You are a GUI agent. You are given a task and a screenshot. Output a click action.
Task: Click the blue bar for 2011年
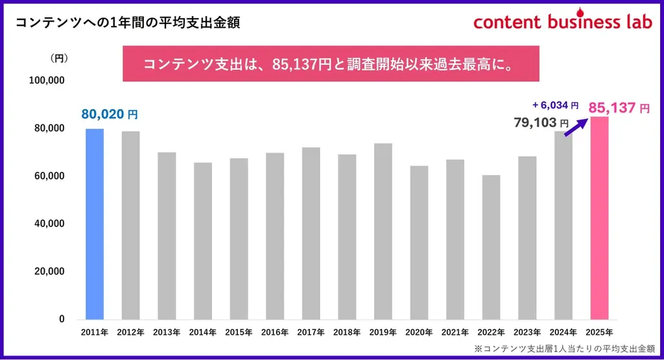95,224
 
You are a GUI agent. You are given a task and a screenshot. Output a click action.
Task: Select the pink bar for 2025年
599,218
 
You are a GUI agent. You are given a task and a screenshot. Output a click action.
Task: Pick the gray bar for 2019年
383,232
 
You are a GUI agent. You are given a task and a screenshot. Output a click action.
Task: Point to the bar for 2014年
203,241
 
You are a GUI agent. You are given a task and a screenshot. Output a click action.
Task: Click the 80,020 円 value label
109,114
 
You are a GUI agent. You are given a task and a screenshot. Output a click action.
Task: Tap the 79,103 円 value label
541,122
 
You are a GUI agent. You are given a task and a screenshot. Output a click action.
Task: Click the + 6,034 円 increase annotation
555,105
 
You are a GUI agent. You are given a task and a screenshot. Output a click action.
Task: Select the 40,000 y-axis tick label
49,224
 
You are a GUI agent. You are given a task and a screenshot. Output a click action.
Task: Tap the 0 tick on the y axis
61,319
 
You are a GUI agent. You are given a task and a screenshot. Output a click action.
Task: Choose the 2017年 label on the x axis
311,333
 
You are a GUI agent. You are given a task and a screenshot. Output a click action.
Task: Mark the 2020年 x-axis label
419,333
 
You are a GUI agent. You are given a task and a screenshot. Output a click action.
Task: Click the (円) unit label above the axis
59,58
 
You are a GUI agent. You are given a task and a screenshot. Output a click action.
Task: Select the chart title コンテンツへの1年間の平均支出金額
128,23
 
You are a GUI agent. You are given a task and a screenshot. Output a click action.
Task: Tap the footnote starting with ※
565,348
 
